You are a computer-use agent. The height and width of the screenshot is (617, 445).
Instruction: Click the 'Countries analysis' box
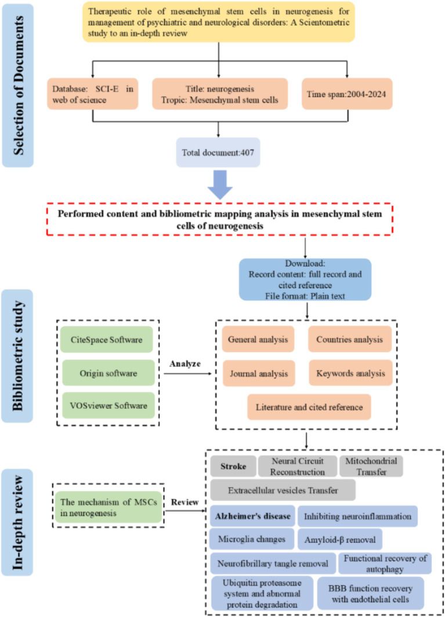click(343, 339)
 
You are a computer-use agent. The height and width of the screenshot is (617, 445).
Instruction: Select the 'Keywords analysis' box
click(343, 372)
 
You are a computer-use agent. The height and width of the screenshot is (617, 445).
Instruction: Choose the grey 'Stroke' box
click(231, 466)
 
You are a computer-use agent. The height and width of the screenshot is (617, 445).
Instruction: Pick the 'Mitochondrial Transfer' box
click(370, 466)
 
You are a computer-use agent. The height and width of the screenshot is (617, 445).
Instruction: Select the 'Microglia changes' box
click(252, 539)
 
